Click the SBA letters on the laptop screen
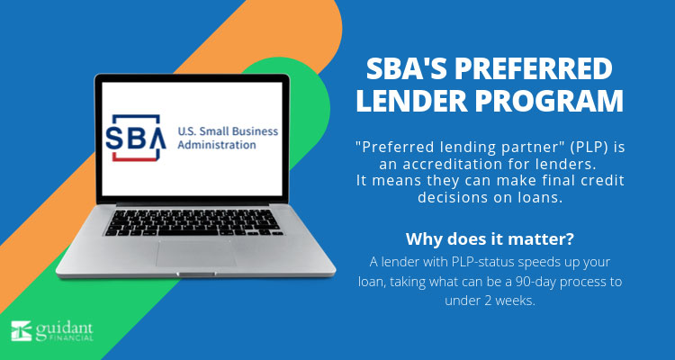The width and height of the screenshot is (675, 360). [x=136, y=138]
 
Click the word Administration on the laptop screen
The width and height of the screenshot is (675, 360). [x=217, y=145]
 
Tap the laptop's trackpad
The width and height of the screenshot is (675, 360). [x=196, y=253]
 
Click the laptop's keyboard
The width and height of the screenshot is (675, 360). [x=193, y=222]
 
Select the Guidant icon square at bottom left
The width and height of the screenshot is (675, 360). [x=21, y=331]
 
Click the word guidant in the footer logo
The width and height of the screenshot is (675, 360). [x=64, y=328]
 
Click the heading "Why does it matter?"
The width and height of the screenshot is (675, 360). [x=490, y=239]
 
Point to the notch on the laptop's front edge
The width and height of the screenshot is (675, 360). [x=196, y=274]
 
